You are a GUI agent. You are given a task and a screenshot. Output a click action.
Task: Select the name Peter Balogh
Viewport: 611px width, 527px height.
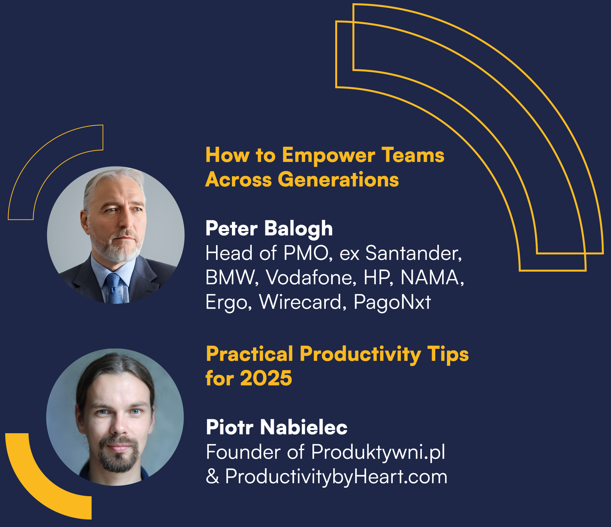coord(269,229)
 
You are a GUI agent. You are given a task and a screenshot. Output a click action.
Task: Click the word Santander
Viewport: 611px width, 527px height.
coord(413,253)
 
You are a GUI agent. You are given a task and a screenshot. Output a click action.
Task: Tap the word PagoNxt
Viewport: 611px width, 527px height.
coord(392,302)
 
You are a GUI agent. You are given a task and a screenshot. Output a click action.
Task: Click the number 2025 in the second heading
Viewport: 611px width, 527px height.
coord(266,378)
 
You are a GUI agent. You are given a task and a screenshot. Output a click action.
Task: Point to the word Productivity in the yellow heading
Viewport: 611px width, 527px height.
coord(360,354)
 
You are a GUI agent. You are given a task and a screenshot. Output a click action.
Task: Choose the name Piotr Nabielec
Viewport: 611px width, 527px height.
coord(277,427)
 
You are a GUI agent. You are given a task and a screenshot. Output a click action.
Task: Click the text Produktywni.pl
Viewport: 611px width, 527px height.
coord(378,452)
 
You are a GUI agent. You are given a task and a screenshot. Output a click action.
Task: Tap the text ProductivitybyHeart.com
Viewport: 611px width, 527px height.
coord(336,477)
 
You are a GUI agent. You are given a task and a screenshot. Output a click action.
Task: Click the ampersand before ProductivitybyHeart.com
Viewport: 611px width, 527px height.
coord(212,477)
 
